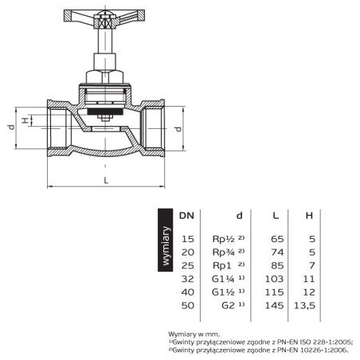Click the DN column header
pos(187,216)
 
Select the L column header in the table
pos(276,216)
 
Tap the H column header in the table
pos(309,216)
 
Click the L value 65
pos(277,239)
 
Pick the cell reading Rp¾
pos(224,252)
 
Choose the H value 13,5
pos(305,306)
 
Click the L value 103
pos(275,279)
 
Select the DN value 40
pos(188,292)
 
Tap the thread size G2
pos(229,305)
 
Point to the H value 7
pos(312,265)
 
